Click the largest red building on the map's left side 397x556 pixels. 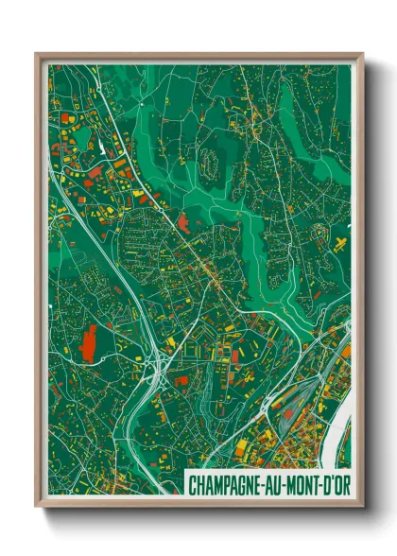pos(91,341)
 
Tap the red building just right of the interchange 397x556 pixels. pos(181,381)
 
